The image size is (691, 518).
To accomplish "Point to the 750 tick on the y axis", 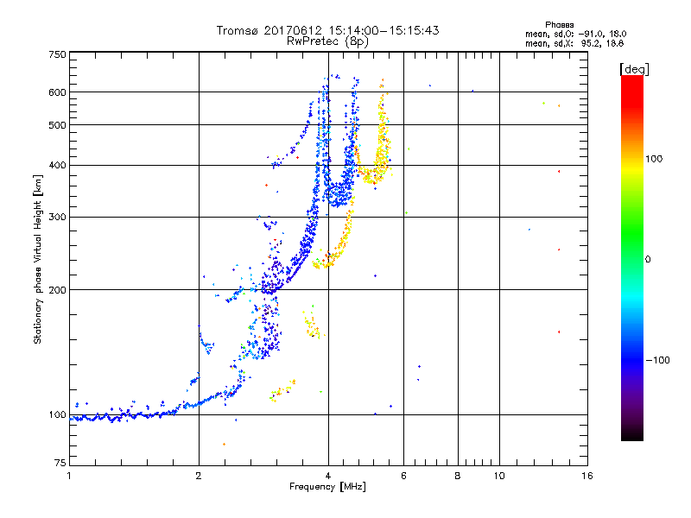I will [x=57, y=54].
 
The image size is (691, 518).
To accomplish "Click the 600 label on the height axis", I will [x=57, y=92].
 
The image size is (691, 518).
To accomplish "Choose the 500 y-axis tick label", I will [x=57, y=125].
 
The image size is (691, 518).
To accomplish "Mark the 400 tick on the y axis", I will [x=57, y=165].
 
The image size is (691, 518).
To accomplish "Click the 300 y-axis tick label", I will [x=57, y=217].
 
